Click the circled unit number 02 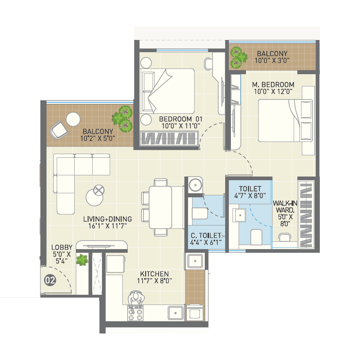[50, 280]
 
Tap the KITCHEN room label [155, 274]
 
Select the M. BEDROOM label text [273, 85]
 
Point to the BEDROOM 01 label [181, 119]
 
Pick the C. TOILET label [206, 235]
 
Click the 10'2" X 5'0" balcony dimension [97, 138]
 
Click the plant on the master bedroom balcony [238, 57]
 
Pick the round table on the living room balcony [73, 119]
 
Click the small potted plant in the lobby [82, 260]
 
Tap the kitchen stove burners [136, 314]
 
